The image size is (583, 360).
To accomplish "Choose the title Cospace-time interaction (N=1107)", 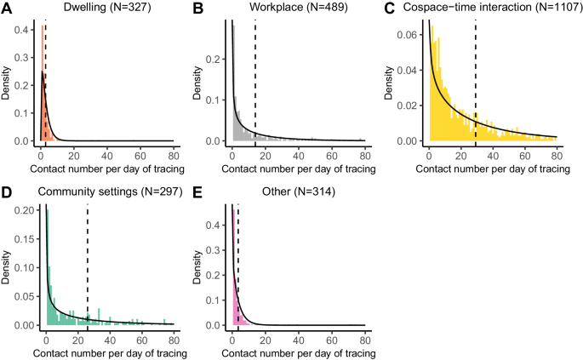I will click(496, 8).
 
